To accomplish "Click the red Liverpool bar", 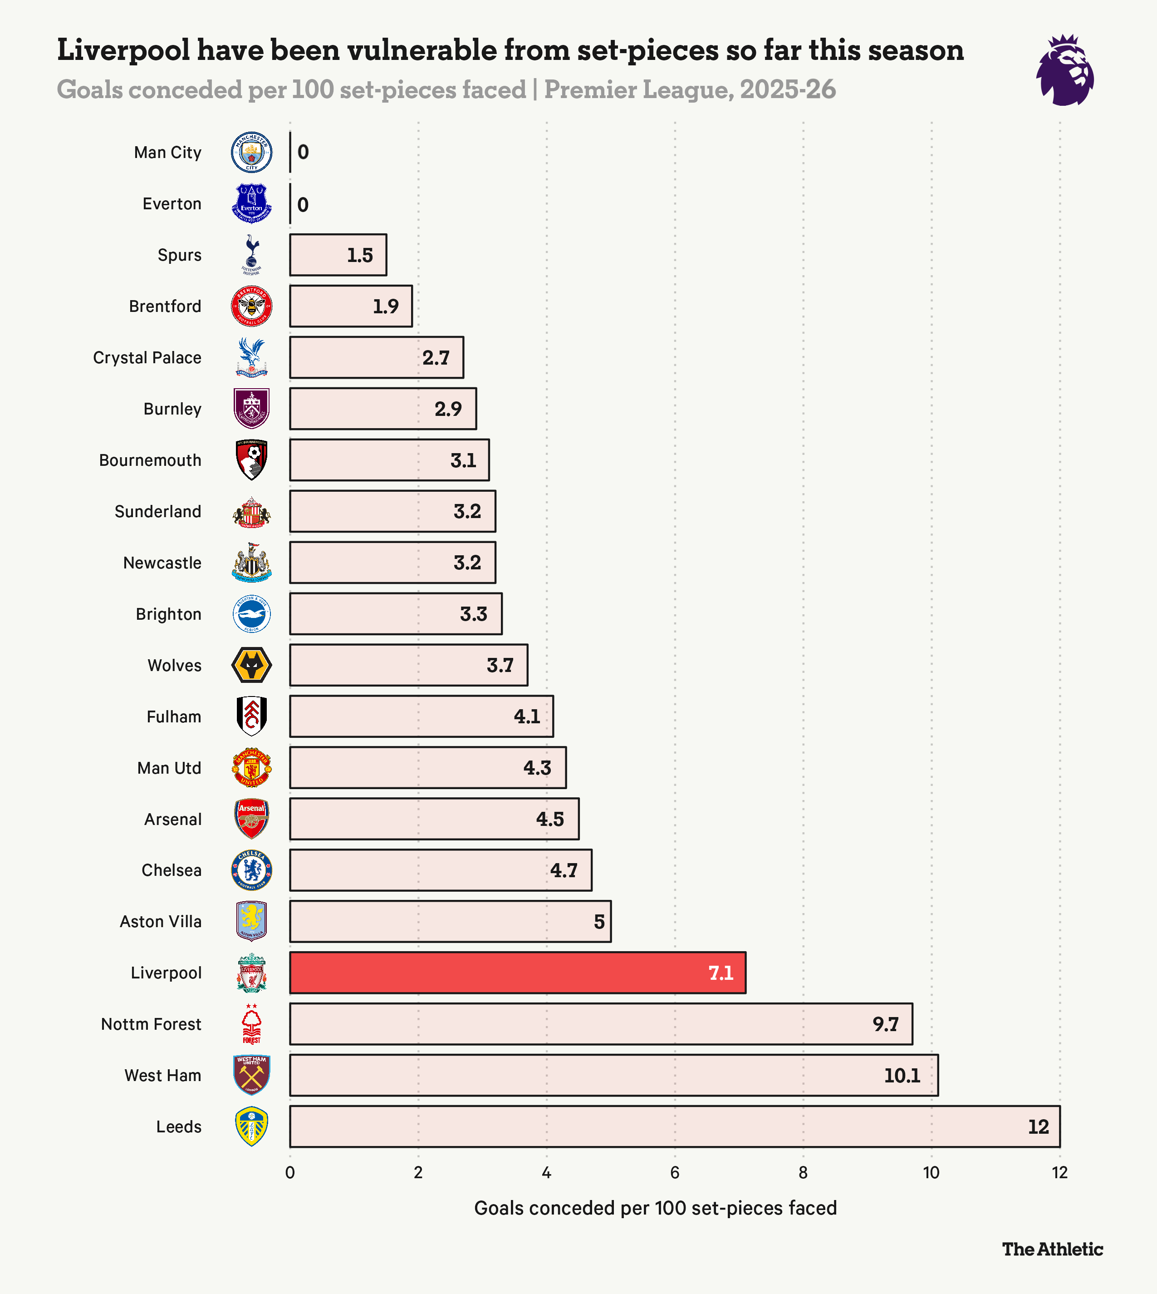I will point(517,972).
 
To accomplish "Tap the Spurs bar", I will point(338,255).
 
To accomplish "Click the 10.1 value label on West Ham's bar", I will point(902,1075).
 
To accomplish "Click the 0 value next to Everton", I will point(303,204).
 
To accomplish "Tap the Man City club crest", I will point(252,152).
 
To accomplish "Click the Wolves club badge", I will point(252,666).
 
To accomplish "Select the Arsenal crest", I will point(252,819).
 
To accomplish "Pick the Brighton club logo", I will point(252,614).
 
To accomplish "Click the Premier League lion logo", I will point(1065,70).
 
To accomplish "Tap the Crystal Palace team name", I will point(147,357).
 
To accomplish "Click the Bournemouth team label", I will point(150,460).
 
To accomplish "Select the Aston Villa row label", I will point(160,921).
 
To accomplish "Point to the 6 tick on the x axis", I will point(675,1172).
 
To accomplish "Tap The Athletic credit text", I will point(1052,1249).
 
